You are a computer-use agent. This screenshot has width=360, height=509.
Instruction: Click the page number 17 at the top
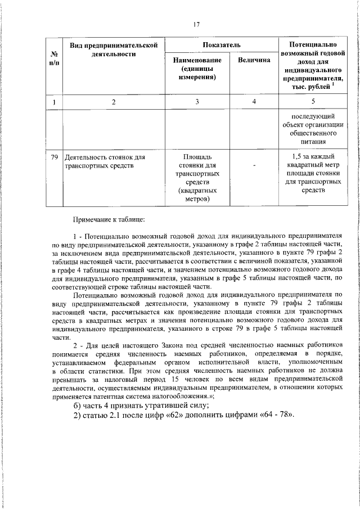[196, 24]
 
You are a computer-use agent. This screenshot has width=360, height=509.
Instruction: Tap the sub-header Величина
[254, 60]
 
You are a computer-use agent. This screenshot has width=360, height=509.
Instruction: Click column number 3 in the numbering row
[197, 102]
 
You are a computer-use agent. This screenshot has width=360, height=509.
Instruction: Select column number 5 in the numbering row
[313, 102]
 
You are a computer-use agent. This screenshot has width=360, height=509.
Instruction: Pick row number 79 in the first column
[54, 156]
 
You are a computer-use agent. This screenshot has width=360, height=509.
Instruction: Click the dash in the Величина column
[254, 165]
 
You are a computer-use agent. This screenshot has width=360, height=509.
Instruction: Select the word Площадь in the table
[197, 156]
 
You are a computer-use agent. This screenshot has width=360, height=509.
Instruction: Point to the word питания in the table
[313, 143]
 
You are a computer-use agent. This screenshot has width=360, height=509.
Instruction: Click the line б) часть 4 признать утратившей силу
[141, 406]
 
